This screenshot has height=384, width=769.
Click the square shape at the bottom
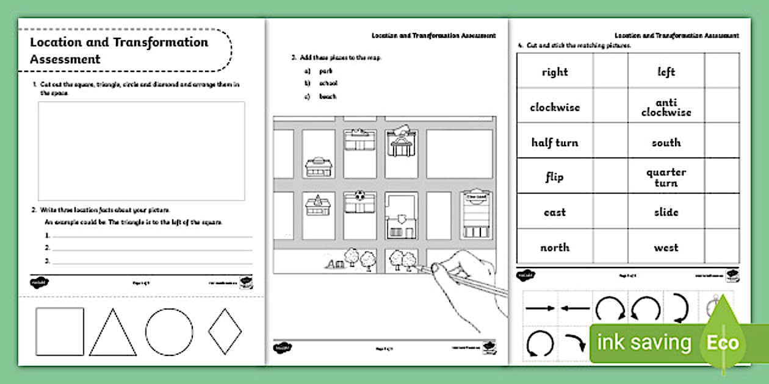(60, 331)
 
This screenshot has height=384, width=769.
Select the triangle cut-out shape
(113, 333)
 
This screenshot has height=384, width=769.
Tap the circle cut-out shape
(169, 332)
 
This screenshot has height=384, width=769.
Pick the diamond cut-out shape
(225, 332)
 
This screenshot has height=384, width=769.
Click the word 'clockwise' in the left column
(555, 107)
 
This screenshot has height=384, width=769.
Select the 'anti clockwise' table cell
(666, 107)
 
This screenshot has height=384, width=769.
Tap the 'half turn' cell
(555, 143)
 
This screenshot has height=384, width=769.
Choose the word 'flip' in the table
(555, 177)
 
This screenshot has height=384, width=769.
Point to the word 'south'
(666, 143)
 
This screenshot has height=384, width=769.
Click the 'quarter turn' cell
(666, 177)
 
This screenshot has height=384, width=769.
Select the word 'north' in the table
(555, 247)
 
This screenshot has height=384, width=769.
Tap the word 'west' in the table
(666, 247)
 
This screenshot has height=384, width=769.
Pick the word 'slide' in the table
(666, 212)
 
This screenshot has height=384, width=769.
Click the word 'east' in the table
(555, 212)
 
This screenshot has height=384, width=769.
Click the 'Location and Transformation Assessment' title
(119, 50)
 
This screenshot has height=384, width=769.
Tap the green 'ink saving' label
(644, 343)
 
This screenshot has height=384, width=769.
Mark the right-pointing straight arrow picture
(540, 308)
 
